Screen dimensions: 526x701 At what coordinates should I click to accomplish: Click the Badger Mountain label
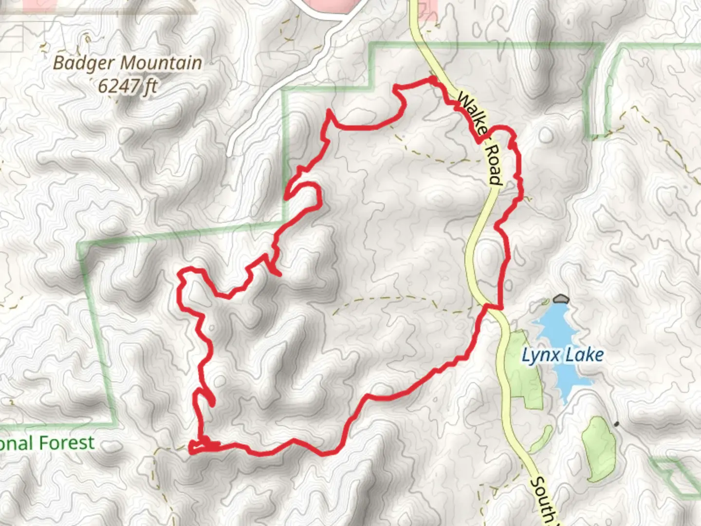point(128,63)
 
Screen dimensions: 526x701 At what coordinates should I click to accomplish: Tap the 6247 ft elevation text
point(128,86)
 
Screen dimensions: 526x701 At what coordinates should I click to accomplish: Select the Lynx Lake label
point(562,355)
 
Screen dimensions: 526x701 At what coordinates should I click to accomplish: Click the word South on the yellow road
point(542,499)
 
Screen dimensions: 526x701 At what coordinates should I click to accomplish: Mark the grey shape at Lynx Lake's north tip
point(561,298)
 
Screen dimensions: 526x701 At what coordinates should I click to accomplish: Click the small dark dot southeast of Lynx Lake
point(617,424)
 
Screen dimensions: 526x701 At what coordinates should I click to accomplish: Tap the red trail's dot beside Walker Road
point(432,78)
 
